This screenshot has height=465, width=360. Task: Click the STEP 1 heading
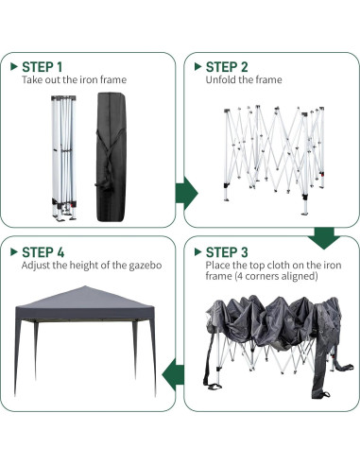click(43, 67)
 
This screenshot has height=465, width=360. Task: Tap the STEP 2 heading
click(228, 67)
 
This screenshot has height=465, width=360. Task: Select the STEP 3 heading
click(228, 252)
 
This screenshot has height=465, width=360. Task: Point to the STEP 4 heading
click(43, 252)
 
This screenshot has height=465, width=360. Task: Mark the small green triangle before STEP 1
click(13, 67)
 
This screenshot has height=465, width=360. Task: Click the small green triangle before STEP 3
click(197, 252)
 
